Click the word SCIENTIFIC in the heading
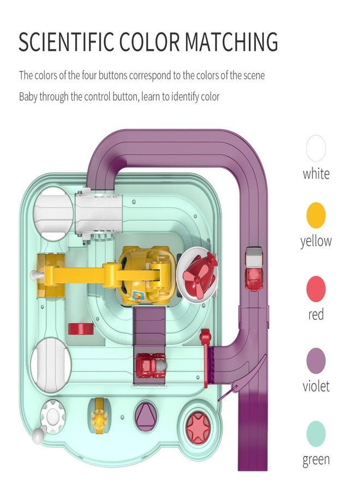[x=67, y=41]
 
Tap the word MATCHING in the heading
[x=231, y=41]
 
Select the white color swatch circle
[x=316, y=148]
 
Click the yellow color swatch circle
[x=316, y=215]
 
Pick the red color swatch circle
[x=316, y=289]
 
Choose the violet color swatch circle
[x=316, y=361]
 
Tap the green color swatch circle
[x=316, y=434]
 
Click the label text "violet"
[x=316, y=386]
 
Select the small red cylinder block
[x=81, y=329]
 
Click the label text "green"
[x=316, y=460]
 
